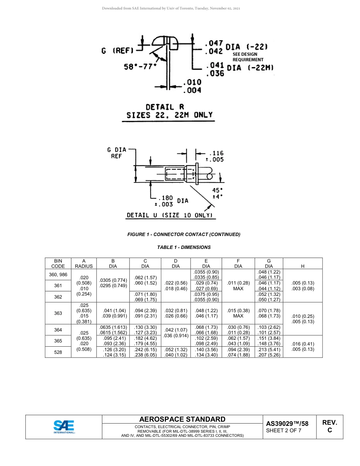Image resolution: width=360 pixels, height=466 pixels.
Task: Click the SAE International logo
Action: pyautogui.click(x=64, y=427)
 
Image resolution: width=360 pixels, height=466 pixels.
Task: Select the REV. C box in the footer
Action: pyautogui.click(x=329, y=427)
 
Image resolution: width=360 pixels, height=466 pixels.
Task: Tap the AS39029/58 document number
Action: pyautogui.click(x=287, y=424)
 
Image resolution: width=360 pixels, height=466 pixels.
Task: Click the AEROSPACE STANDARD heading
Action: pyautogui.click(x=182, y=419)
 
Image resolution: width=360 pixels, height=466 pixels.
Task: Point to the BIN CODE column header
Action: pyautogui.click(x=58, y=263)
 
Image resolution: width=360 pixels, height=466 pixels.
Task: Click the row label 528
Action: pyautogui.click(x=58, y=352)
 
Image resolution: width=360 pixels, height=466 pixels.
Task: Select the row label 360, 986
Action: pyautogui.click(x=58, y=274)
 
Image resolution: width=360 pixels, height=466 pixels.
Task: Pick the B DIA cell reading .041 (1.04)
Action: pyautogui.click(x=113, y=310)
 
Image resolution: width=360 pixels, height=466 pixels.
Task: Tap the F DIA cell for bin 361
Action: pyautogui.click(x=238, y=286)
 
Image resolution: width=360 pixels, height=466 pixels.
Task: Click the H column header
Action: pyautogui.click(x=302, y=266)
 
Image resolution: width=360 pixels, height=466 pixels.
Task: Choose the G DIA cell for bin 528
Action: pyautogui.click(x=269, y=352)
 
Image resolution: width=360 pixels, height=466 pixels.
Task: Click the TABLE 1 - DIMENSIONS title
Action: pyautogui.click(x=184, y=247)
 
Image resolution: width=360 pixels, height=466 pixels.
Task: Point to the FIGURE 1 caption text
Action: pyautogui.click(x=184, y=235)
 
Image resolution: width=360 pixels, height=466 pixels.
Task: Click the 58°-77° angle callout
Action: pyautogui.click(x=140, y=66)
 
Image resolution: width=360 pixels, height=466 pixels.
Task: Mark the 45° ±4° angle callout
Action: pyautogui.click(x=217, y=194)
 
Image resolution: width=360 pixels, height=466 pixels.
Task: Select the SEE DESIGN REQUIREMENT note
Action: pyautogui.click(x=247, y=57)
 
